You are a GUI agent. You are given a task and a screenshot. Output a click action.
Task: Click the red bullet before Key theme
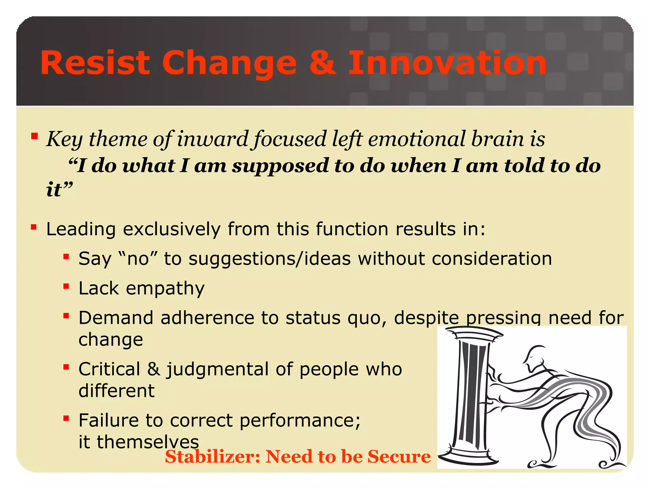(x=34, y=137)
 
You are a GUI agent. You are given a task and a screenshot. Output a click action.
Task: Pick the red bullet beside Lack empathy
(x=66, y=287)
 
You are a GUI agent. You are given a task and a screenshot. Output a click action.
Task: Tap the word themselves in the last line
(x=148, y=442)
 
